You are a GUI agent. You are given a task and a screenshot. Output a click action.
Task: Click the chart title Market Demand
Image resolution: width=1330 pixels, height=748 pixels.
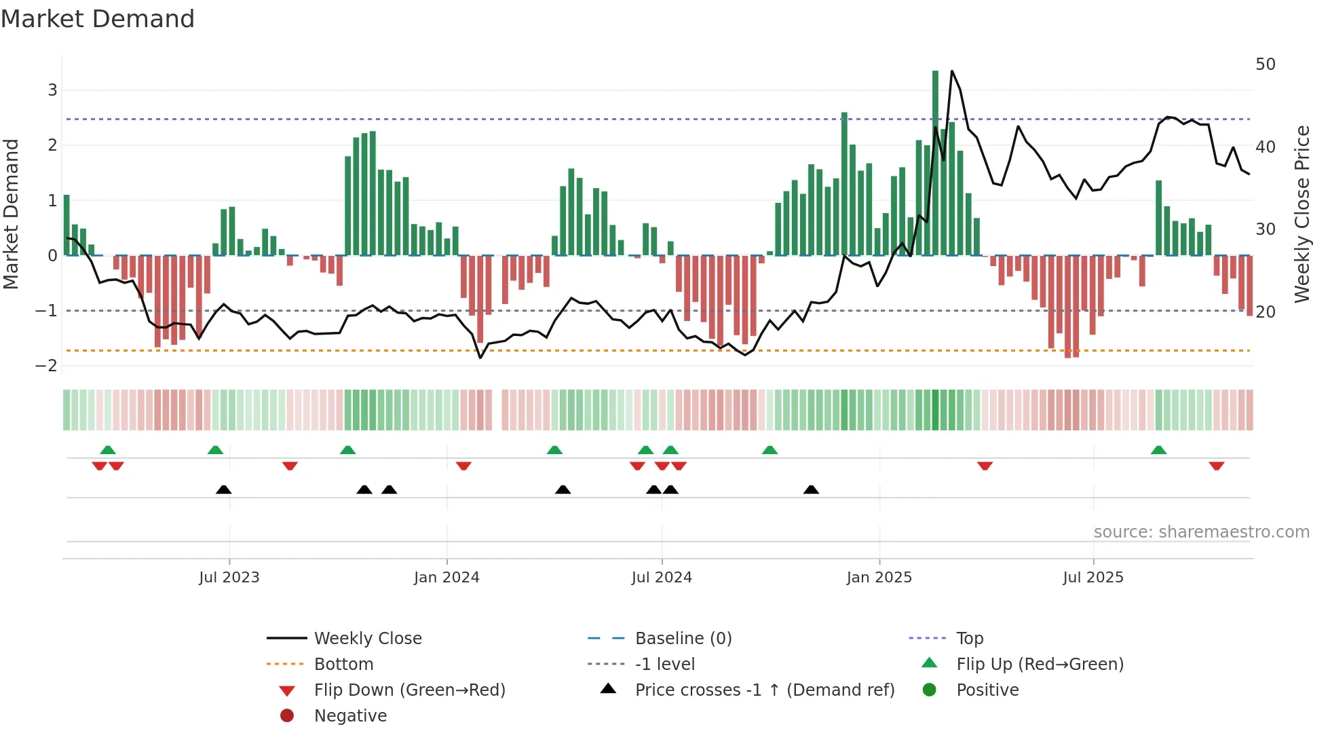(x=98, y=19)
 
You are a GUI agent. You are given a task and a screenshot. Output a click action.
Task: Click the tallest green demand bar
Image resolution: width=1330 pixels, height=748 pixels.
(x=935, y=163)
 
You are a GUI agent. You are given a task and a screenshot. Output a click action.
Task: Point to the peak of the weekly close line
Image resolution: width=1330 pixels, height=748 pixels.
(x=952, y=71)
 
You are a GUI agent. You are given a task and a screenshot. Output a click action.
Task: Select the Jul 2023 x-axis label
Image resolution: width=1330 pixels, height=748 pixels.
(x=229, y=577)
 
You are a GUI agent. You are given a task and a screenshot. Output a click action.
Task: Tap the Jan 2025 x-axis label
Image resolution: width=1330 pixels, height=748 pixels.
(x=879, y=577)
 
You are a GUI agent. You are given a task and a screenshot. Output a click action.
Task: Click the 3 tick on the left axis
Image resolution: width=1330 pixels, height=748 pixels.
(x=52, y=90)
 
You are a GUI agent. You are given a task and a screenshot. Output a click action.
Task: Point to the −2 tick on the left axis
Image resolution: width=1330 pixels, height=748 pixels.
(x=47, y=366)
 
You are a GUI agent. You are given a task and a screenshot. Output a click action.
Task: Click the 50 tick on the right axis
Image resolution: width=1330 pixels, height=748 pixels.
(x=1266, y=64)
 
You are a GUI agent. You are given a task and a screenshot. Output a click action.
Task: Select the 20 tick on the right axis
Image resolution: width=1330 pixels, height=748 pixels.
(x=1266, y=312)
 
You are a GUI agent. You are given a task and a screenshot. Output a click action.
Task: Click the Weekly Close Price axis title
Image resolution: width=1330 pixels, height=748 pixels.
(x=1301, y=214)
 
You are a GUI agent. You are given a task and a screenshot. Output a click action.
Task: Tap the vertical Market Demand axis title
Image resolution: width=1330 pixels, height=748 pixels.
(x=11, y=214)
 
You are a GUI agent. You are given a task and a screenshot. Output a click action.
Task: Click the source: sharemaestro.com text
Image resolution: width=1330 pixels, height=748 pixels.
(x=1201, y=532)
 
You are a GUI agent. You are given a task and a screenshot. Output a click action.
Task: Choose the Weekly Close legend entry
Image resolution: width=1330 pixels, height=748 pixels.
(x=367, y=639)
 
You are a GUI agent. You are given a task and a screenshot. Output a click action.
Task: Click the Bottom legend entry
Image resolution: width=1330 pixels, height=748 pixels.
(x=343, y=665)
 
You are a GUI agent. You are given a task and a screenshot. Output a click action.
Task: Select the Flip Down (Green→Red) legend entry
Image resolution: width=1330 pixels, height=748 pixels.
(x=409, y=690)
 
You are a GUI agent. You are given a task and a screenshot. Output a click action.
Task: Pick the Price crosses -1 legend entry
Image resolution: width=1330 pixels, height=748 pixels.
(x=764, y=690)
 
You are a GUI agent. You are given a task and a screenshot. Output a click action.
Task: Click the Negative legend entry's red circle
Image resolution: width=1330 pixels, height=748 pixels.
(x=287, y=716)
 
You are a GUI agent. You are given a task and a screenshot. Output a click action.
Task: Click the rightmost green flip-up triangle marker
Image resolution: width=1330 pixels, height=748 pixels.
(x=1159, y=450)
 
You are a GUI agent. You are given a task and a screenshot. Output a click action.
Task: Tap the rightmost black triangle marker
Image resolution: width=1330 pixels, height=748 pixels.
(x=811, y=490)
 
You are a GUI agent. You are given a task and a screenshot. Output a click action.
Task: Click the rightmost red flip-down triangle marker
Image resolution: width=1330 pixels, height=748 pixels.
(x=1217, y=466)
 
